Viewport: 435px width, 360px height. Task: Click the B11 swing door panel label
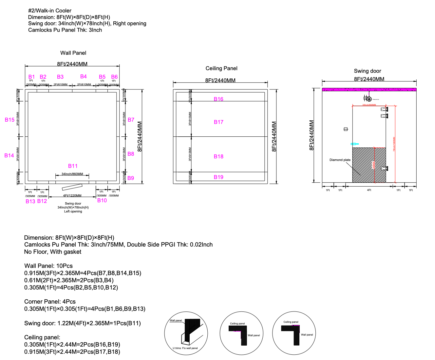click(x=73, y=166)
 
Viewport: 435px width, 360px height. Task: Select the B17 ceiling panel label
click(x=218, y=122)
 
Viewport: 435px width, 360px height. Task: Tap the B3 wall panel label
click(x=60, y=77)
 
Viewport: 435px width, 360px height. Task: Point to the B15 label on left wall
click(x=9, y=120)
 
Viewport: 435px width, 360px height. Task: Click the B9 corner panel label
click(x=131, y=178)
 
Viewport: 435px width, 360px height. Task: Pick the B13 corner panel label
click(x=30, y=201)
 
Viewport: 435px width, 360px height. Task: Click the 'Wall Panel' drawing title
click(x=73, y=53)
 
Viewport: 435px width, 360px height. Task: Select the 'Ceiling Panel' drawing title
click(x=221, y=68)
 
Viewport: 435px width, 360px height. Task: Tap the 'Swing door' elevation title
click(x=367, y=71)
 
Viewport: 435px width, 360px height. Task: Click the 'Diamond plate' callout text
click(x=340, y=160)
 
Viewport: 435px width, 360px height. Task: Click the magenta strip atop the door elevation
click(x=369, y=90)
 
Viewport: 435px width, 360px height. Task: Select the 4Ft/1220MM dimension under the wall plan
click(x=72, y=196)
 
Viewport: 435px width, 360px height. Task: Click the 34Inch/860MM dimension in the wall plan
click(x=72, y=174)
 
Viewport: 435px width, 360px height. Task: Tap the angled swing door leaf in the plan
click(x=72, y=187)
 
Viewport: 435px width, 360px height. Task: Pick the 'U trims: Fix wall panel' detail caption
click(x=185, y=348)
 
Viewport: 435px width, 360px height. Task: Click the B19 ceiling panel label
click(x=218, y=177)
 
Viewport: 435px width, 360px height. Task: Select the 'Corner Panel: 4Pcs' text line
click(x=50, y=302)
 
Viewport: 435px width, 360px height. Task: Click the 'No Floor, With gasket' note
click(x=53, y=252)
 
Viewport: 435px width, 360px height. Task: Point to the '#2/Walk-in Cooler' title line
click(x=50, y=10)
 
